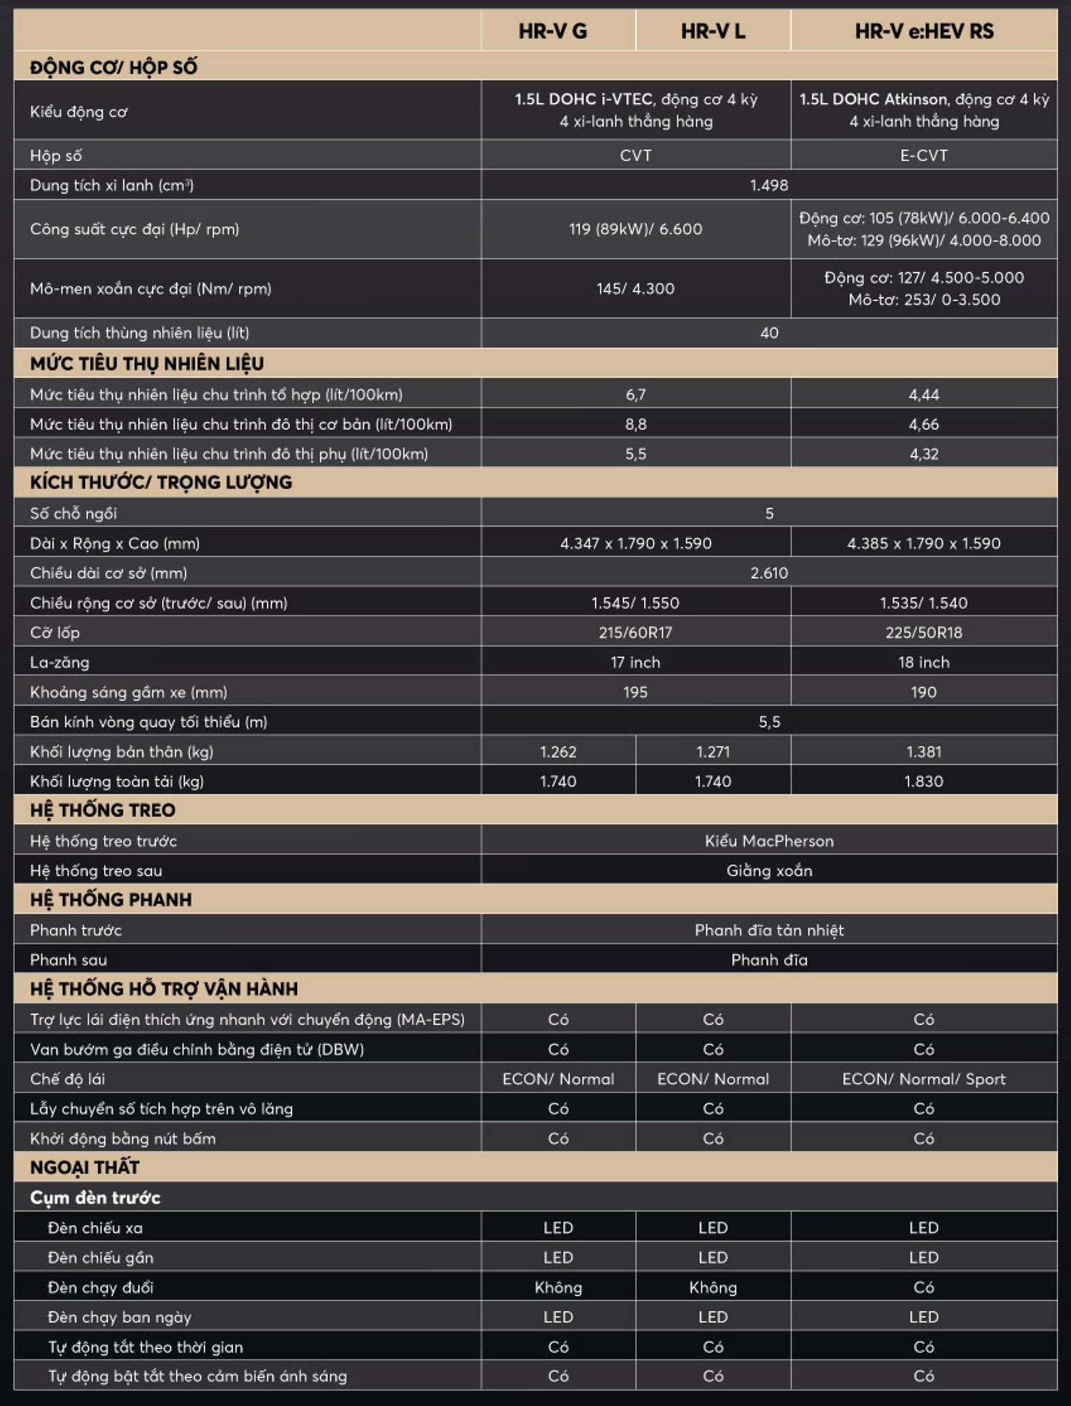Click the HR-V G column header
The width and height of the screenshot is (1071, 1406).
pyautogui.click(x=553, y=31)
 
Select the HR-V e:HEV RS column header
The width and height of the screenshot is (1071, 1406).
pyautogui.click(x=924, y=31)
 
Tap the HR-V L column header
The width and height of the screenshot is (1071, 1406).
pyautogui.click(x=713, y=31)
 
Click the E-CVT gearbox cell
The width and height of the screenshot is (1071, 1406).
pyautogui.click(x=924, y=156)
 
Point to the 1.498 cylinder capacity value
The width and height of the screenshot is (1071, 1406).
pyautogui.click(x=769, y=186)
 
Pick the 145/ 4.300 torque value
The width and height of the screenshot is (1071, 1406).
pyautogui.click(x=635, y=289)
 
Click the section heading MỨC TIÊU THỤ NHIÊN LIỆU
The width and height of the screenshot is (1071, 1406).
pyautogui.click(x=147, y=364)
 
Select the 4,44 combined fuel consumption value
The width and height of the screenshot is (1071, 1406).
pyautogui.click(x=924, y=395)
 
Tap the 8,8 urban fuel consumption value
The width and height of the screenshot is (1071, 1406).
pyautogui.click(x=635, y=425)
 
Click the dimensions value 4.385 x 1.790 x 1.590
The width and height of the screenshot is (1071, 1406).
pyautogui.click(x=924, y=544)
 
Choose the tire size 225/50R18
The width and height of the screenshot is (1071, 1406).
pyautogui.click(x=924, y=633)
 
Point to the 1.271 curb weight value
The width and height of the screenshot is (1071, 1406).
pyautogui.click(x=713, y=752)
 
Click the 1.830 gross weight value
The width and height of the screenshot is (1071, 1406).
pyautogui.click(x=924, y=782)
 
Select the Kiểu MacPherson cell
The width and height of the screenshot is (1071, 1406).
pyautogui.click(x=769, y=841)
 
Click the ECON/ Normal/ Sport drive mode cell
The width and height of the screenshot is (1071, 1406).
pyautogui.click(x=924, y=1079)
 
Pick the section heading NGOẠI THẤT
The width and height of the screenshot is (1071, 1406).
pyautogui.click(x=85, y=1168)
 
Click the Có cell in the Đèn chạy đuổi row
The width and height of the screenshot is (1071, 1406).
pyautogui.click(x=924, y=1288)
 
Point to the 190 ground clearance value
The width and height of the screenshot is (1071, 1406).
pyautogui.click(x=924, y=692)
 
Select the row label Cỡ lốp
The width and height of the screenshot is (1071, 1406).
pyautogui.click(x=55, y=633)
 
